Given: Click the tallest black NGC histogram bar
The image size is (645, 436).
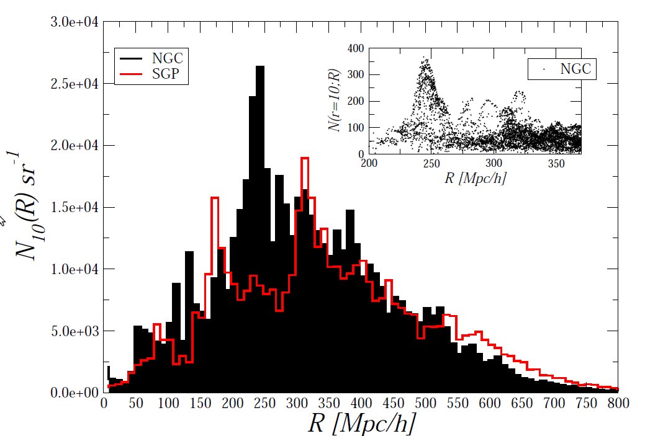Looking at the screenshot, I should (260, 186).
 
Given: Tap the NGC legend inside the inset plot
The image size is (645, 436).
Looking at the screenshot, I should (562, 69).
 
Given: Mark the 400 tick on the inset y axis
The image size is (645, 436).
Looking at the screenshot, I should (355, 48).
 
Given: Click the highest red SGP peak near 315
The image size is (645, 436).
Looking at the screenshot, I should (305, 159).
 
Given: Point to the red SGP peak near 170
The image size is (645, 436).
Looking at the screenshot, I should (215, 198).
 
